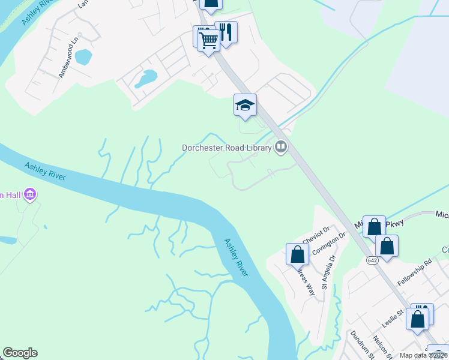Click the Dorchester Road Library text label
coord(228,147)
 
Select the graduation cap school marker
coord(245,106)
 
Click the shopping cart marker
coord(208,41)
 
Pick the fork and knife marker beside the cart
coord(226,32)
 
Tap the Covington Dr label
coord(329,245)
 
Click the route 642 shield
coord(373,260)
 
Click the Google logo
coord(20,353)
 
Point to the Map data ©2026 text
coord(423,355)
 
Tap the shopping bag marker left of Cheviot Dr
coord(297,254)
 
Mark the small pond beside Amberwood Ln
coord(83,57)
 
